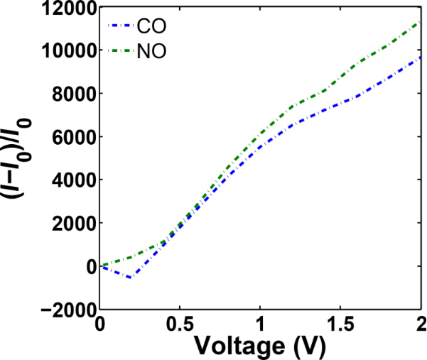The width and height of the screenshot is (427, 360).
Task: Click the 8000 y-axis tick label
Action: coord(75,94)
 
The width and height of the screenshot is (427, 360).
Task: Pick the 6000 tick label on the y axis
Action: coord(75,137)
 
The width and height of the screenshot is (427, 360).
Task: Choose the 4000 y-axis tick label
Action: coord(75,180)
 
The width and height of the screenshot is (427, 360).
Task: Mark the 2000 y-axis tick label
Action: coord(75,224)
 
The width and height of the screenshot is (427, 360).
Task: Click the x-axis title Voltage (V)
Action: coord(261,347)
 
